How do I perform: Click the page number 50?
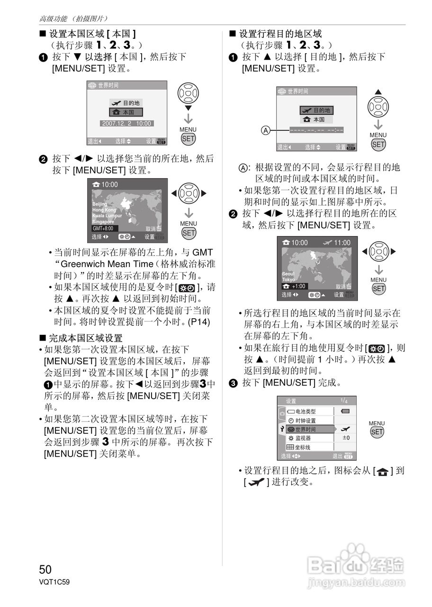pyautogui.click(x=45, y=569)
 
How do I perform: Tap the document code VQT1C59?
pyautogui.click(x=54, y=582)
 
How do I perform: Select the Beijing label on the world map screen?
pyautogui.click(x=99, y=204)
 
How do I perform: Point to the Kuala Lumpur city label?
pyautogui.click(x=107, y=216)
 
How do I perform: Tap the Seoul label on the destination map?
pyautogui.click(x=288, y=274)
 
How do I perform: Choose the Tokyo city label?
pyautogui.click(x=288, y=280)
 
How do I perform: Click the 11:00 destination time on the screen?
pyautogui.click(x=342, y=243)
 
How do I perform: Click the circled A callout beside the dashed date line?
pyautogui.click(x=267, y=130)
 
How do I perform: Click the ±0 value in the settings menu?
pyautogui.click(x=346, y=438)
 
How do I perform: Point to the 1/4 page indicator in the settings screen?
pyautogui.click(x=343, y=400)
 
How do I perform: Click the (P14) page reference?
pyautogui.click(x=198, y=322)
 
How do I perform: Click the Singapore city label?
pyautogui.click(x=103, y=221)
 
